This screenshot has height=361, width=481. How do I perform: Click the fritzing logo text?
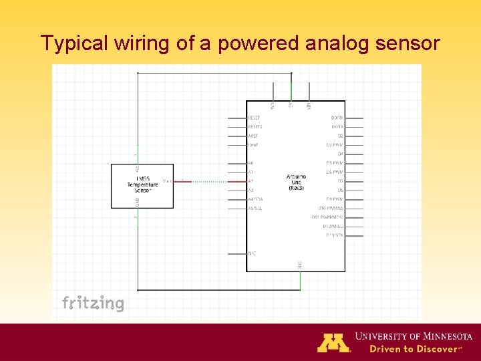[x=93, y=304]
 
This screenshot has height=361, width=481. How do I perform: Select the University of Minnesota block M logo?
[x=333, y=342]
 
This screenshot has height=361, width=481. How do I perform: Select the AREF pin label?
[x=253, y=136]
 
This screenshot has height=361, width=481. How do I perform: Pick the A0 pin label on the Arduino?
[x=251, y=163]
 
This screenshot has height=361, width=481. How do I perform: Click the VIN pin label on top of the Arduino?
[x=309, y=106]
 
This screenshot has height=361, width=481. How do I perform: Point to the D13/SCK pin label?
[x=335, y=235]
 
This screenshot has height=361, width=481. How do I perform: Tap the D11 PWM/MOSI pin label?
[x=327, y=217]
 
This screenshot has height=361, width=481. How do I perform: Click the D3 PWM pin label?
[x=334, y=145]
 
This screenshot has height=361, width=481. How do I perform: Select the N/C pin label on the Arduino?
[x=252, y=253]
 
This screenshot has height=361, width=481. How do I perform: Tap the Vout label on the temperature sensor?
[x=166, y=181]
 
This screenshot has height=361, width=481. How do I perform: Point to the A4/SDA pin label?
[x=255, y=199]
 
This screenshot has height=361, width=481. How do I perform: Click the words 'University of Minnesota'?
[x=414, y=336]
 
